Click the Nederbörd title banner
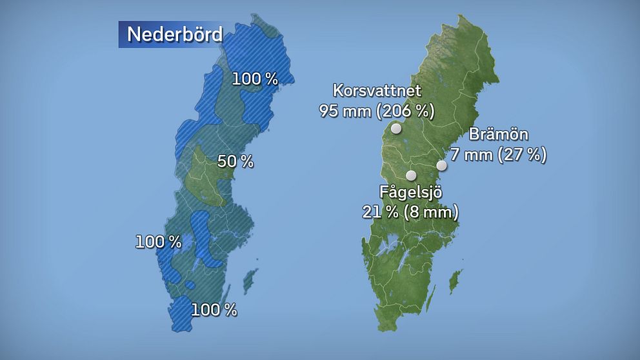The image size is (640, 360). point(170,34)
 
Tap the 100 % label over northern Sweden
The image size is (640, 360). point(255,79)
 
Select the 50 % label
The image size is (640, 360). point(235,162)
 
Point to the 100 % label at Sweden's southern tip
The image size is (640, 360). point(214,310)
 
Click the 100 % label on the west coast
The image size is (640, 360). point(158,243)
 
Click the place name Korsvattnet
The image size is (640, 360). point(377,90)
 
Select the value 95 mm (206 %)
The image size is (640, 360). point(377,111)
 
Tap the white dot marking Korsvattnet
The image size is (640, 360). point(396,128)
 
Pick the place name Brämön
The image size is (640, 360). point(499,135)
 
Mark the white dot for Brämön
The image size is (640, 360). point(442,165)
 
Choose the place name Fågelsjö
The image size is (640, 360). point(410,192)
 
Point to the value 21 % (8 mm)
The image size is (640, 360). point(410,212)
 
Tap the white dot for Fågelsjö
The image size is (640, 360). point(410,175)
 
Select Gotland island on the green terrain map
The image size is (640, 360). point(455,280)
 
